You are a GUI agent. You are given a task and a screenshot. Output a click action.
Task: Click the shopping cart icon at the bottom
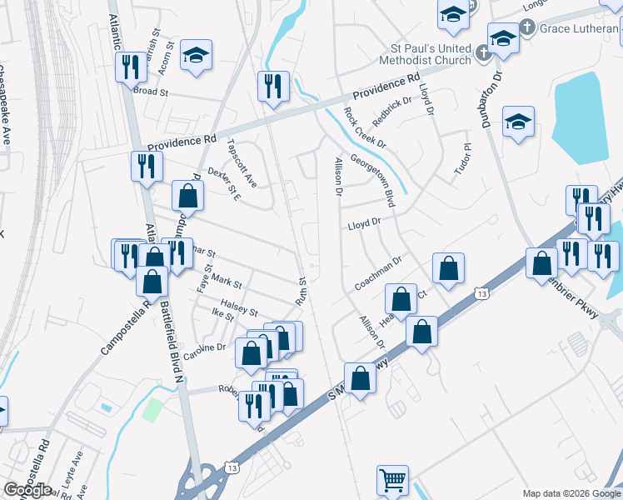coord(392,481)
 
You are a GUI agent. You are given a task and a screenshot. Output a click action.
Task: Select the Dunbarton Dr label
coord(491,98)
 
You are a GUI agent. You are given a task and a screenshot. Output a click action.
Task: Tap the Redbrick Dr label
coord(393,112)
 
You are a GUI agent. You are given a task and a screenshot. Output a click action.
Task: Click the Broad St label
coord(151,91)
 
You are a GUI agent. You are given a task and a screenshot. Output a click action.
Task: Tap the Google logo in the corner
coord(27,490)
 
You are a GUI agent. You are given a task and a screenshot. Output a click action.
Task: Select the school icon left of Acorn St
coord(196,56)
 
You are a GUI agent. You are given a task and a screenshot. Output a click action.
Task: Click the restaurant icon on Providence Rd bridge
coord(273,86)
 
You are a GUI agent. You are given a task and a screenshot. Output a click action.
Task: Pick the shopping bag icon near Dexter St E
coord(188,197)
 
